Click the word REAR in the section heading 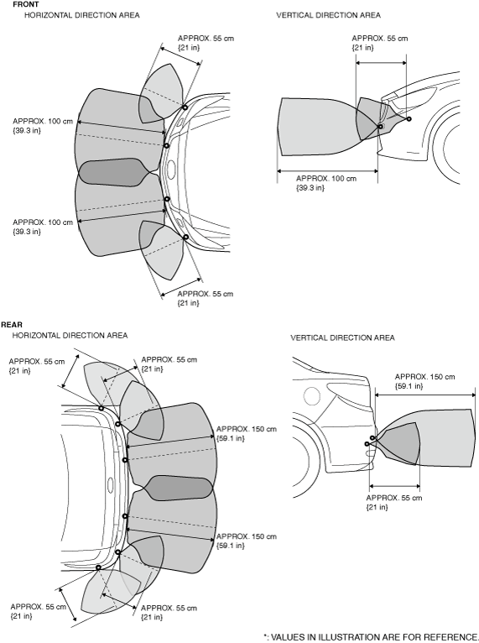click(12, 325)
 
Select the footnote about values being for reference click(371, 637)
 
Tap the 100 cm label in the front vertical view click(326, 183)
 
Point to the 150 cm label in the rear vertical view click(425, 381)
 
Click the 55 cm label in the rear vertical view click(393, 502)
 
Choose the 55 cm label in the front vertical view click(380, 43)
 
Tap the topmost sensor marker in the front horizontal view click(185, 107)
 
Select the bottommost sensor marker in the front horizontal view click(185, 237)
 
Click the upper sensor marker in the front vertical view click(409, 119)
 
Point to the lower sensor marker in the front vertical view click(380, 126)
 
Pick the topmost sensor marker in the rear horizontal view click(101, 408)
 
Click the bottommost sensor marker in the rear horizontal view click(98, 567)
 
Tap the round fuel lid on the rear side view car click(312, 396)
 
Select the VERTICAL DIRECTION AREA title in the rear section click(342, 338)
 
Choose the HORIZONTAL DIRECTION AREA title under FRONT click(82, 15)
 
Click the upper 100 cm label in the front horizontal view click(43, 126)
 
